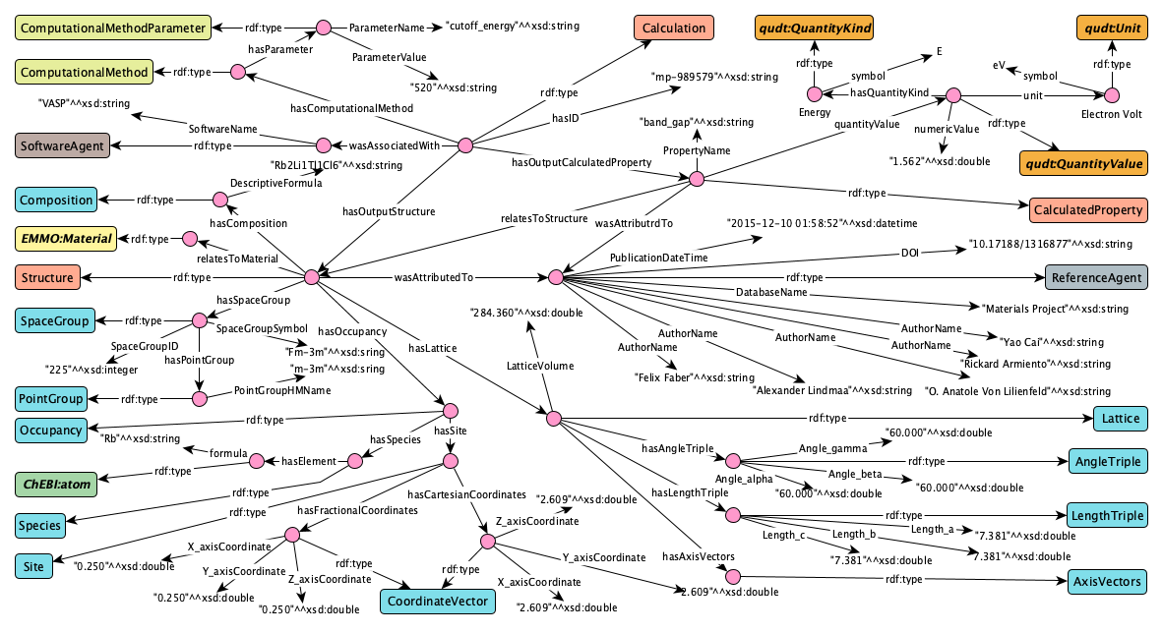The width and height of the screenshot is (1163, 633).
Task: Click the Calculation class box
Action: pos(673,29)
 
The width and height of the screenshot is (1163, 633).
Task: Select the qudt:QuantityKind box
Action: pos(815,29)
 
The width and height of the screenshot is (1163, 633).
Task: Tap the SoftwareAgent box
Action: pos(62,146)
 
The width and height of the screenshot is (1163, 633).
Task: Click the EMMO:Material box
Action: pos(66,239)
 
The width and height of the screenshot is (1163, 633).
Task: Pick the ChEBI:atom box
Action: pos(56,484)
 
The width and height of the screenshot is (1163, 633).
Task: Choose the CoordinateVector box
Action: pos(438,602)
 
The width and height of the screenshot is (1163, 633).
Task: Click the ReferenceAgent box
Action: pos(1096,278)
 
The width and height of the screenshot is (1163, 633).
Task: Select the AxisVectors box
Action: pos(1107,581)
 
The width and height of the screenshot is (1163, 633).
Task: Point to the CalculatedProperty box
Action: pos(1088,209)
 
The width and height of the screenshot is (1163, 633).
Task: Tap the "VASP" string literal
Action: pos(84,104)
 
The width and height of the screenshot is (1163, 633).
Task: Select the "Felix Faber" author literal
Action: pos(695,377)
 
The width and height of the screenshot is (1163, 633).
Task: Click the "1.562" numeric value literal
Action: pos(940,161)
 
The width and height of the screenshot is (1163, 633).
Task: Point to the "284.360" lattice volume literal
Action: pos(526,313)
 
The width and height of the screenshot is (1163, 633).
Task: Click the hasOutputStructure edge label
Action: pos(389,211)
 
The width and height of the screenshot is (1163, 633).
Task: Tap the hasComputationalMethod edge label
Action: pos(351,108)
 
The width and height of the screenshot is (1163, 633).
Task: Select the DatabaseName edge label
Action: pos(771,292)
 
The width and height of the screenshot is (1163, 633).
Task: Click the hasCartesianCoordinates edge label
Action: pos(466,494)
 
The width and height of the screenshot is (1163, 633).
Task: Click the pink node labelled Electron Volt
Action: pos(1111,95)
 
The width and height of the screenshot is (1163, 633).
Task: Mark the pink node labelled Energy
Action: pos(815,94)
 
